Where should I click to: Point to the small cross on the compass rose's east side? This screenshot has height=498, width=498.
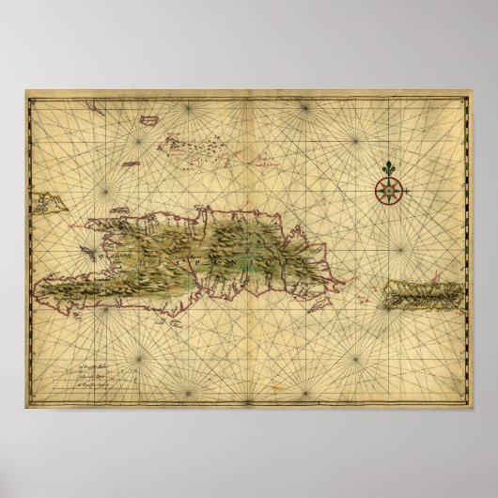pos(401,192)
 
